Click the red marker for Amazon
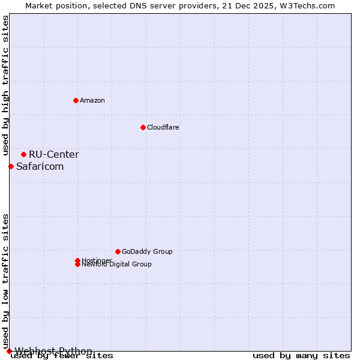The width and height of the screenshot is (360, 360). [76, 100]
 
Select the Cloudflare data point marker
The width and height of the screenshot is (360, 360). [143, 127]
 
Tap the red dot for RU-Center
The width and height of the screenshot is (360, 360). [23, 154]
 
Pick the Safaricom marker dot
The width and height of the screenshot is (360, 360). [11, 166]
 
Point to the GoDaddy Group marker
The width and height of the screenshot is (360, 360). [118, 251]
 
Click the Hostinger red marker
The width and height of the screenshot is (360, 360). [77, 260]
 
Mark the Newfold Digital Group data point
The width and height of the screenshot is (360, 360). [77, 265]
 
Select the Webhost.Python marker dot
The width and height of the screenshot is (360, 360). [9, 351]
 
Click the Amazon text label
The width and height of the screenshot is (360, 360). [92, 100]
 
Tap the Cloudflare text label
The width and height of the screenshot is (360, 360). [163, 127]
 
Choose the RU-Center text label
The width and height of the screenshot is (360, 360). [54, 154]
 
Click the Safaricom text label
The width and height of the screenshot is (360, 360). [40, 166]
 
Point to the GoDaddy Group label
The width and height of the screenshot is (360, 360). [147, 251]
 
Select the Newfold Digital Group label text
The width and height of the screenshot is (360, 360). [117, 265]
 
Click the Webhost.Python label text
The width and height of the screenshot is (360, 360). [54, 351]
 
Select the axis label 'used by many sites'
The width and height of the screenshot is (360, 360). [301, 356]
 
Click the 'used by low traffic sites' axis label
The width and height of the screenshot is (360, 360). [5, 281]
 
